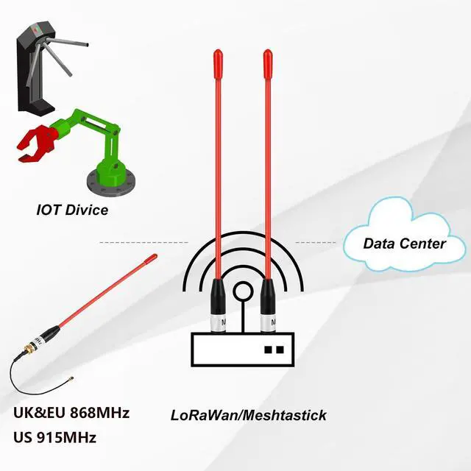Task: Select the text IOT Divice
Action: click(72, 210)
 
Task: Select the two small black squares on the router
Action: click(274, 350)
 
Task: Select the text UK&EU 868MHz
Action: click(71, 413)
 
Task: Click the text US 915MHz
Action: click(55, 437)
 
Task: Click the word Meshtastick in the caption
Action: click(286, 415)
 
